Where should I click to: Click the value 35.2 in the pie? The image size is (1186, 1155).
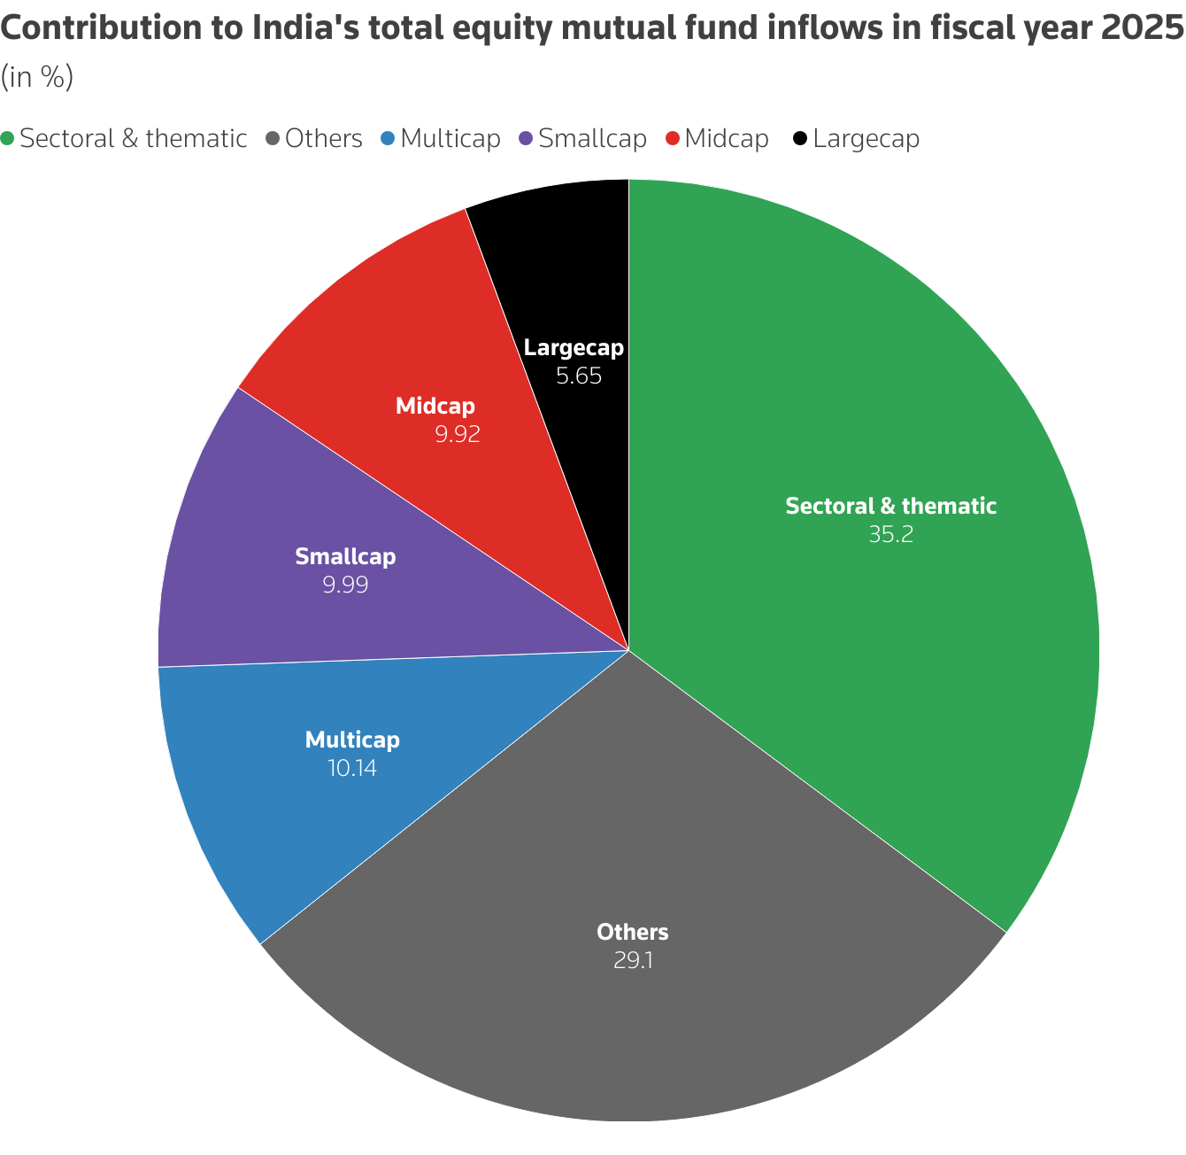coord(890,535)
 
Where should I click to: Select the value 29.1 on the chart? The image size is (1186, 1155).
coord(633,961)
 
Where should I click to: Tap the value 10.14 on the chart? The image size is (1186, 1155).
coord(352,768)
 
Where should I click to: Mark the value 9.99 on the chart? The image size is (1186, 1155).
coord(345,585)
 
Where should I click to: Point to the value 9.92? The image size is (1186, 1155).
coord(457,435)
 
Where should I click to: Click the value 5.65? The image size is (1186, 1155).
coord(579,376)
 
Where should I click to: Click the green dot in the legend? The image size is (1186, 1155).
coord(8,139)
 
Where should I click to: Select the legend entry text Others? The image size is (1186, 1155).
coord(324,139)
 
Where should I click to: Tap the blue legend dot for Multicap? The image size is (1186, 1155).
coord(388,139)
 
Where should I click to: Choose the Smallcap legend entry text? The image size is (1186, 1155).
coord(592,139)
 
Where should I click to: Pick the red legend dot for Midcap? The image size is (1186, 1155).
coord(673,139)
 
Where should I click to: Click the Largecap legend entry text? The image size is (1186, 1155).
coord(866,139)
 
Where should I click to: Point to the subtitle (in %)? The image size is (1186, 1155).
coord(36,78)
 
